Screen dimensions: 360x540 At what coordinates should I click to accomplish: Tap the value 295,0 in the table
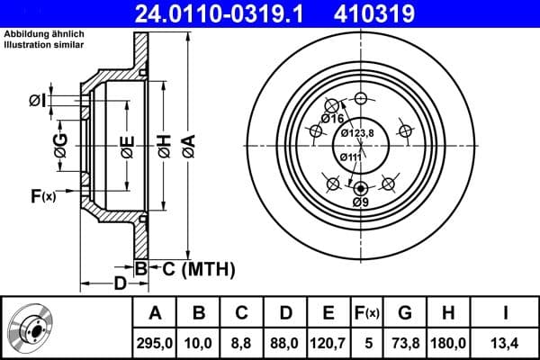[155, 341]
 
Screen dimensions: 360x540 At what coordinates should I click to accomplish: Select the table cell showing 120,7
[328, 341]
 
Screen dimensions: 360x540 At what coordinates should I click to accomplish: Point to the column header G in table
[405, 313]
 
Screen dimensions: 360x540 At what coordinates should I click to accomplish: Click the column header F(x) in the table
[366, 313]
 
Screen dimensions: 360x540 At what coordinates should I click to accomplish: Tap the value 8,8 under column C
[240, 341]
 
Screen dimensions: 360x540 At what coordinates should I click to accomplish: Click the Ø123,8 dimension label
[357, 133]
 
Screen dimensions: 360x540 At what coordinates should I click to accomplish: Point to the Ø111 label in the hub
[350, 157]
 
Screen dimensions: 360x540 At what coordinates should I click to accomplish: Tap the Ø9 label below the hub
[361, 202]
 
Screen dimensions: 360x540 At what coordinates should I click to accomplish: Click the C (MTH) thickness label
[198, 268]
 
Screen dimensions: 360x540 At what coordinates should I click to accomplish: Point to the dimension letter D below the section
[119, 284]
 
